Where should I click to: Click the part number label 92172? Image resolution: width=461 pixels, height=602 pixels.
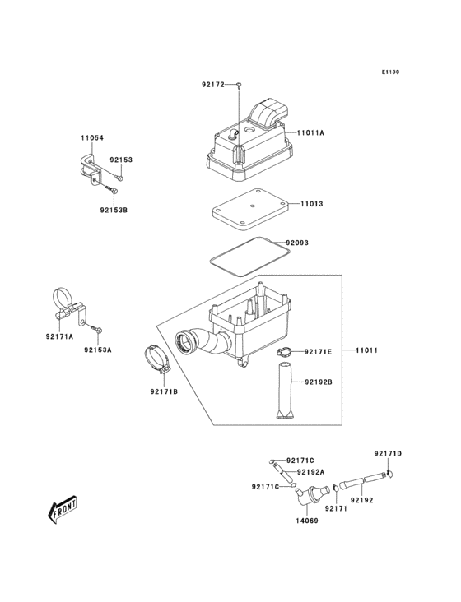(212, 85)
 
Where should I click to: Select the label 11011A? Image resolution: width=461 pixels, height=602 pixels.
(310, 132)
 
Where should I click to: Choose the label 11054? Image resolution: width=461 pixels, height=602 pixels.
(92, 137)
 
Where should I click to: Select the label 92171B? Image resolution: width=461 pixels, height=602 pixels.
(164, 391)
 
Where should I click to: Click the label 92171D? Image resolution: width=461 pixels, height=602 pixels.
(387, 454)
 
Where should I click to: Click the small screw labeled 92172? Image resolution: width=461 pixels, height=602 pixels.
(237, 86)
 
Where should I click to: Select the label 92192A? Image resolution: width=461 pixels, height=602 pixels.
(310, 472)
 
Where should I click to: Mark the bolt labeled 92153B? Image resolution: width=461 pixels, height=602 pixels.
(109, 188)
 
